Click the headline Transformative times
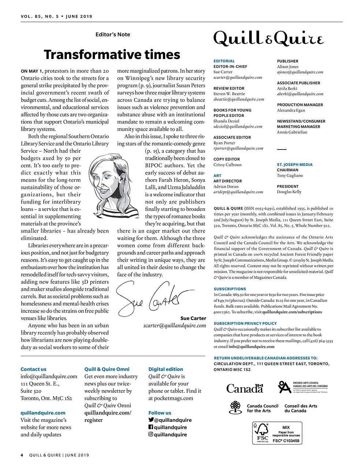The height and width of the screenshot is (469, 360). pos(112,55)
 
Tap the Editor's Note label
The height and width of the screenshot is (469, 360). pos(113,34)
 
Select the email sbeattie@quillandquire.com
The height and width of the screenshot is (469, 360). pos(239,99)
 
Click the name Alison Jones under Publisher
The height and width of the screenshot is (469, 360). pos(287,67)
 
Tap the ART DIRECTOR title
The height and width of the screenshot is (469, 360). pos(227,181)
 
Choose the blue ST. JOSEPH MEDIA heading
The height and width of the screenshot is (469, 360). pos(294,165)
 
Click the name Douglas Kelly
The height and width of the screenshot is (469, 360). pos(289,192)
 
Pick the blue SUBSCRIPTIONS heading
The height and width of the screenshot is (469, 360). pos(230,289)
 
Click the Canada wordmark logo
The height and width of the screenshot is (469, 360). pos(245,388)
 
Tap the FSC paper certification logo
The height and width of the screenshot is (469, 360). pos(277,433)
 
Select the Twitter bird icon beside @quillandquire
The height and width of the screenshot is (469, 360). pos(151,420)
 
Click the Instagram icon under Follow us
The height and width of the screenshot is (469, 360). pos(151,435)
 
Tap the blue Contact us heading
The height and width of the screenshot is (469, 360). pos(33,369)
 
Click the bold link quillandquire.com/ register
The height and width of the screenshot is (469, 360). pos(107,416)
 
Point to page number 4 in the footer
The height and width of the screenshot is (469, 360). pos(22,455)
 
